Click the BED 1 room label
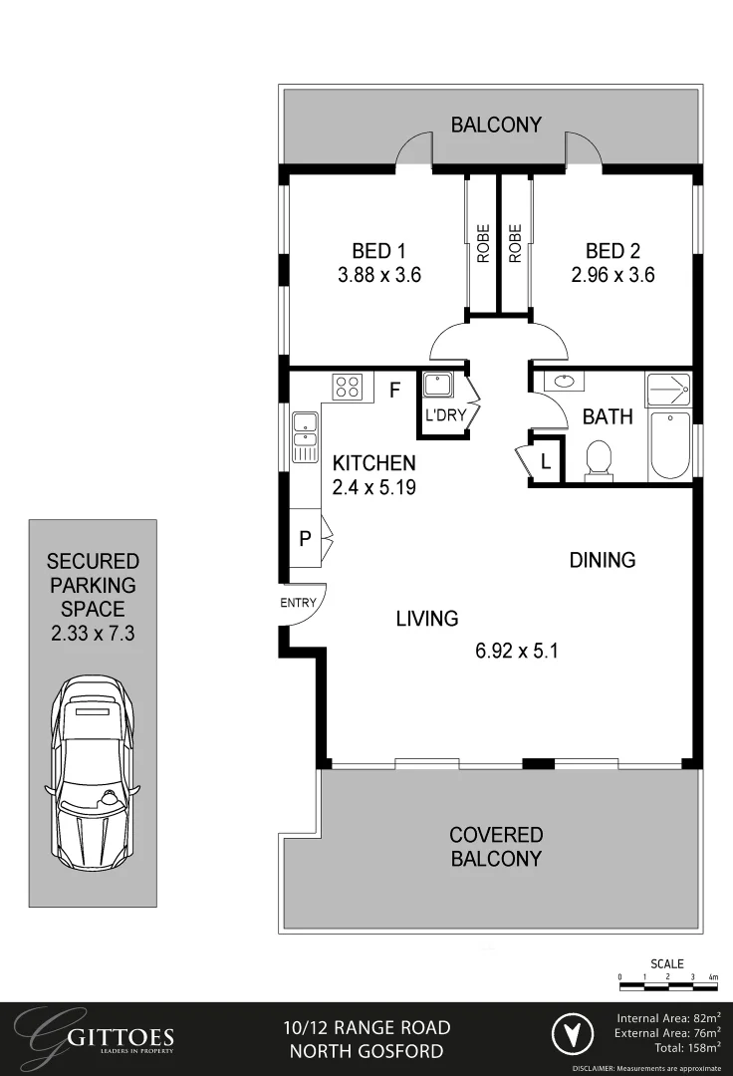coord(378,250)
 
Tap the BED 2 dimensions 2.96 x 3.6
coord(612,274)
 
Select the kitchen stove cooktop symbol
coord(348,386)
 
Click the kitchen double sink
coord(304,439)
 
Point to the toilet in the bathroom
coord(599,461)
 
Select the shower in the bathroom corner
coord(667,389)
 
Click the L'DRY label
coord(445,415)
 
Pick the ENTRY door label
coord(298,603)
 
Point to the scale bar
coord(667,986)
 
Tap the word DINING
coord(602,560)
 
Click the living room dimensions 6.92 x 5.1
coord(516,652)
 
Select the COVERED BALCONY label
coord(495,846)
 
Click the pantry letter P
coord(305,539)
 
